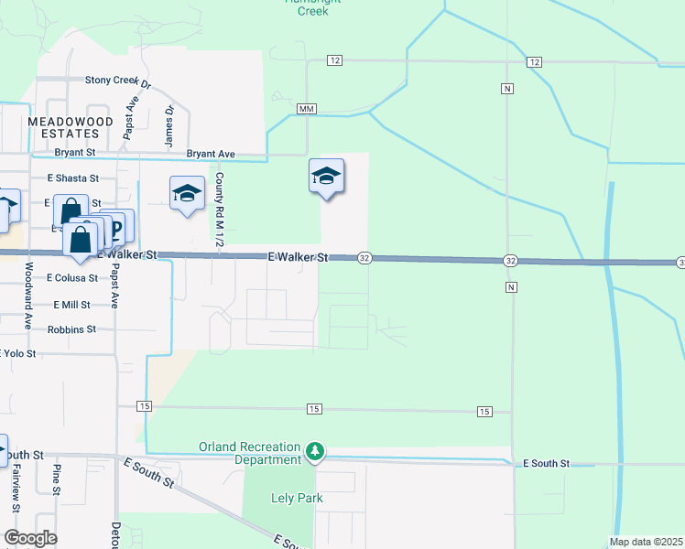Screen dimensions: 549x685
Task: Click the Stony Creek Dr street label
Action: point(117,80)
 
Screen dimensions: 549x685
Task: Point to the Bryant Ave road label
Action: point(211,154)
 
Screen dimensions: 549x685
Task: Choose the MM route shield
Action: point(307,109)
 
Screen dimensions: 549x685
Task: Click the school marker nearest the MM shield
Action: point(326,176)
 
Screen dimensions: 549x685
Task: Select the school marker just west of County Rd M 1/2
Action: point(187,194)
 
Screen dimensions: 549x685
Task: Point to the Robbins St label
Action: point(73,329)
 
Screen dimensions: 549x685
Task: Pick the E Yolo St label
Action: point(19,353)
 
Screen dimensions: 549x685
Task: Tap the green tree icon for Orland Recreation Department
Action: point(315,451)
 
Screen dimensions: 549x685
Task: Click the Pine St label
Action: point(57,479)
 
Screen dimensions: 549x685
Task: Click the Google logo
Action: point(31,538)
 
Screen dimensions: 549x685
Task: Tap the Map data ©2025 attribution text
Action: point(646,542)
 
